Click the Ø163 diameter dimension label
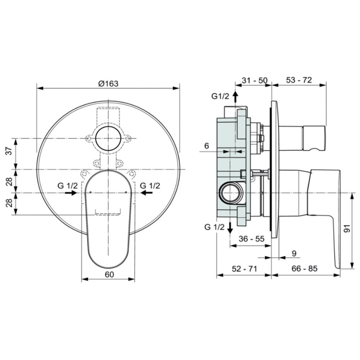[x=108, y=84]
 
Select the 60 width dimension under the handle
[x=109, y=274]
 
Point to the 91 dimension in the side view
[x=348, y=228]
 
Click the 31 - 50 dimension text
[x=255, y=80]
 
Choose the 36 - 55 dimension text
[x=252, y=239]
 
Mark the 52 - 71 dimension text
[x=244, y=269]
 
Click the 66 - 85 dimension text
[x=305, y=268]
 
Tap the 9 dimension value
[x=294, y=253]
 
